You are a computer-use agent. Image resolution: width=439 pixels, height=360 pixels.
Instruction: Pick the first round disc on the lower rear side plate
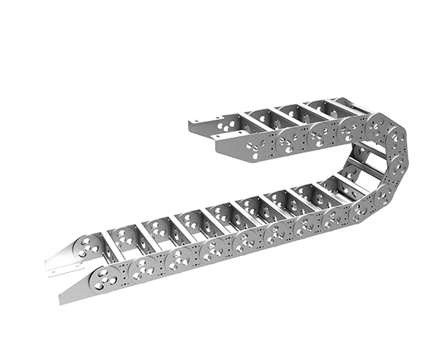tap(88, 246)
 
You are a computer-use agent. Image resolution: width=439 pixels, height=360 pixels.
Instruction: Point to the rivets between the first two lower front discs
tap(124, 271)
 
